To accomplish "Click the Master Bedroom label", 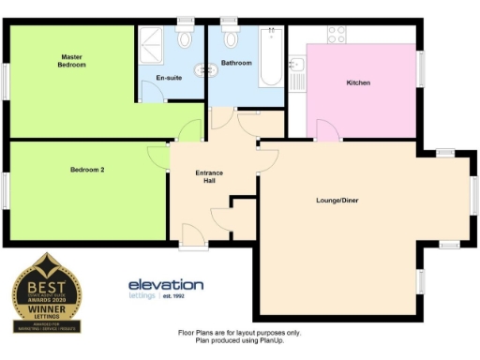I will pos(71,60).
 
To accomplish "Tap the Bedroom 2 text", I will pos(87,170).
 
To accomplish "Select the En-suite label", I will pos(169,77).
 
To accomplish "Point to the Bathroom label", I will pos(236,63).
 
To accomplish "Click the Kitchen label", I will pos(358,83).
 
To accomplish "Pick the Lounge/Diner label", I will pos(337,201).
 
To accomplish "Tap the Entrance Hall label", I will pos(207,177).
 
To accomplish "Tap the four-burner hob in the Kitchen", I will pos(338,35).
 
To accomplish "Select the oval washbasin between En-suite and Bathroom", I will pos(201,68).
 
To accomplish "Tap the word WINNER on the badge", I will pos(46,305).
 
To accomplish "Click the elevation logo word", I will pos(165,284).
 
